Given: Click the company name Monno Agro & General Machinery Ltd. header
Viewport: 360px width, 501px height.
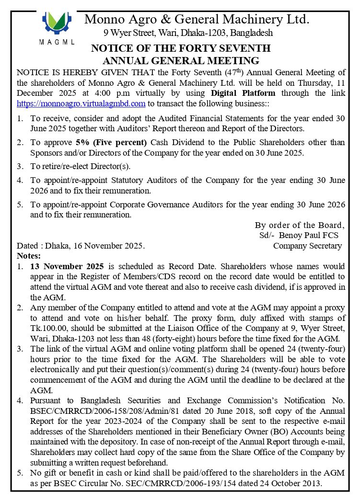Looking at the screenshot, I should point(197,20).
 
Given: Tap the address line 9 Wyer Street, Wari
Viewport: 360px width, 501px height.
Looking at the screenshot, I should point(188,33).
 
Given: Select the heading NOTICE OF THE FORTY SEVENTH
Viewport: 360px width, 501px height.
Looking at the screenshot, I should point(181,48).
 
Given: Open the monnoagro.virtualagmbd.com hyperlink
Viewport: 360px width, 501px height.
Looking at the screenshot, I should point(81,103).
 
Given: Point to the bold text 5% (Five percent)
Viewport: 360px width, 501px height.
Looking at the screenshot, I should point(111,142).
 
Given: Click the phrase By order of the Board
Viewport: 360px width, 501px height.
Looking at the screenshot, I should point(299,225).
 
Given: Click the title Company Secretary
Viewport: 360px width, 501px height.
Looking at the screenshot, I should point(307,246).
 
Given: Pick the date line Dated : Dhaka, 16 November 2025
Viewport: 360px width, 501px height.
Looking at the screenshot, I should point(81,246).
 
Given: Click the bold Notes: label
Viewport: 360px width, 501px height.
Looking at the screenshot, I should point(29,256).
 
